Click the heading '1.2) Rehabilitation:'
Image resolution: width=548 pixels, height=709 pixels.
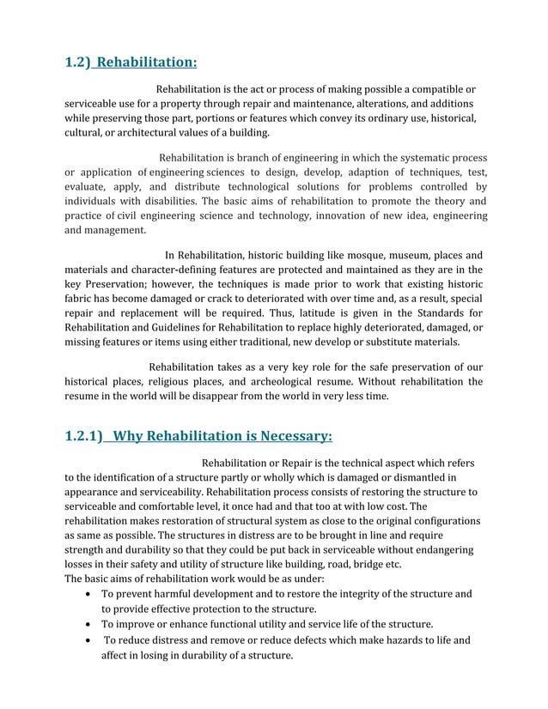coord(131,62)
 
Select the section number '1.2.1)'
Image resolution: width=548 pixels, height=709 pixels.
coord(85,435)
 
